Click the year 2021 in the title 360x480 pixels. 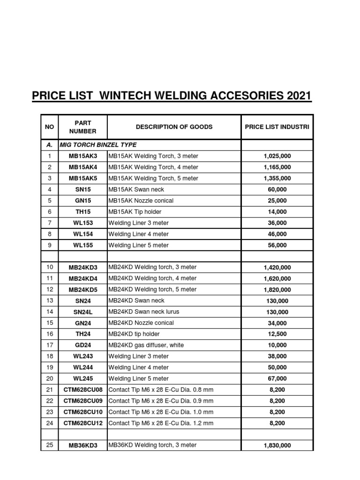tap(296, 96)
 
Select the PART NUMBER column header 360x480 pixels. tap(82, 127)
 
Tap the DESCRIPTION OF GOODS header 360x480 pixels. tap(174, 127)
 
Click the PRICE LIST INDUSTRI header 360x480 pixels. tap(277, 127)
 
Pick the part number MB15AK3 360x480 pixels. tap(82, 156)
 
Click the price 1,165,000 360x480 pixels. tap(277, 167)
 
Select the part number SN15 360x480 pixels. tap(82, 189)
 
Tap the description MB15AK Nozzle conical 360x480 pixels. tap(141, 201)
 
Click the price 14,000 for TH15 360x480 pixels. tap(277, 212)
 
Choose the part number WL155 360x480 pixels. tap(82, 245)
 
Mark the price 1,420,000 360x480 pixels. tap(277, 267)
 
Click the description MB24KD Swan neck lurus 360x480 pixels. tap(144, 312)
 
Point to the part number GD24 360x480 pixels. tap(82, 345)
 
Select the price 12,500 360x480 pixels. tap(277, 334)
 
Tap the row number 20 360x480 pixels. tap(49, 378)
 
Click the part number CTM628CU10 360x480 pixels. tap(82, 412)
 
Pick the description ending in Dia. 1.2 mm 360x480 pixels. tap(161, 423)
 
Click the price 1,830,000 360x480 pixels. tap(277, 445)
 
